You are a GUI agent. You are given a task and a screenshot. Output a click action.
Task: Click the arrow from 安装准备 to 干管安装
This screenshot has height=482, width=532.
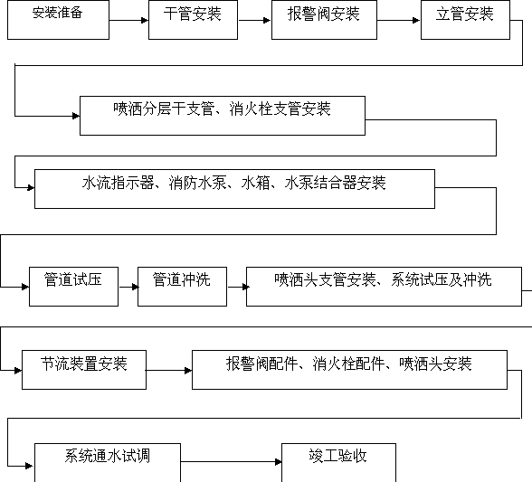click(128, 21)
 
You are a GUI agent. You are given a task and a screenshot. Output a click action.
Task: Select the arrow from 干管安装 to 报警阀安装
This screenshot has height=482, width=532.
click(254, 21)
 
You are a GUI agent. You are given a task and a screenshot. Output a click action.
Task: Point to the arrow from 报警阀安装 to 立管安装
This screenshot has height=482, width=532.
click(399, 21)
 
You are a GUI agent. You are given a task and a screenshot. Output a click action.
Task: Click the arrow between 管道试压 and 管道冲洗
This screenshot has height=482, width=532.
click(128, 287)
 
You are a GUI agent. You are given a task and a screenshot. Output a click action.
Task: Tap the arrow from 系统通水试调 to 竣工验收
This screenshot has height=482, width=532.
click(231, 461)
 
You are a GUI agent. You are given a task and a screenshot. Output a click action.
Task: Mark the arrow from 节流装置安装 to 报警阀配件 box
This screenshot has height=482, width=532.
click(169, 371)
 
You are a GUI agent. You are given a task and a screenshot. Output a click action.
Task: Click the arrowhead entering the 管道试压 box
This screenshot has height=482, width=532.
click(25, 287)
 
